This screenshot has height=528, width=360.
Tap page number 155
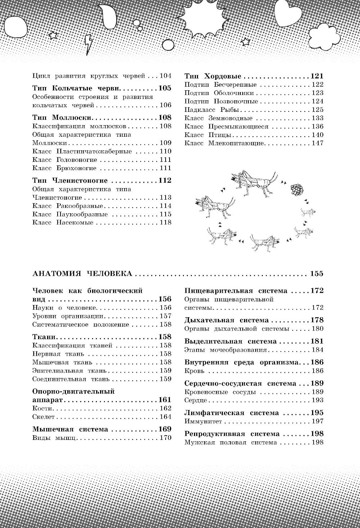click(x=316, y=274)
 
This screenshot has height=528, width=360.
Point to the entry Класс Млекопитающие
click(x=224, y=143)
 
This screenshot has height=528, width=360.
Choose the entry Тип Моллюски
click(x=63, y=118)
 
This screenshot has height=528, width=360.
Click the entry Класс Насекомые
click(x=63, y=223)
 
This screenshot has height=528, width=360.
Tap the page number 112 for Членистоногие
click(x=165, y=181)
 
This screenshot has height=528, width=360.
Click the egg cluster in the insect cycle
click(x=297, y=188)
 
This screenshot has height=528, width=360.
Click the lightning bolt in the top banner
click(x=88, y=45)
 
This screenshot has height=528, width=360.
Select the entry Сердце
click(x=195, y=400)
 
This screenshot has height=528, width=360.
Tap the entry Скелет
click(x=43, y=417)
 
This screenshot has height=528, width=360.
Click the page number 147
click(x=318, y=143)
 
